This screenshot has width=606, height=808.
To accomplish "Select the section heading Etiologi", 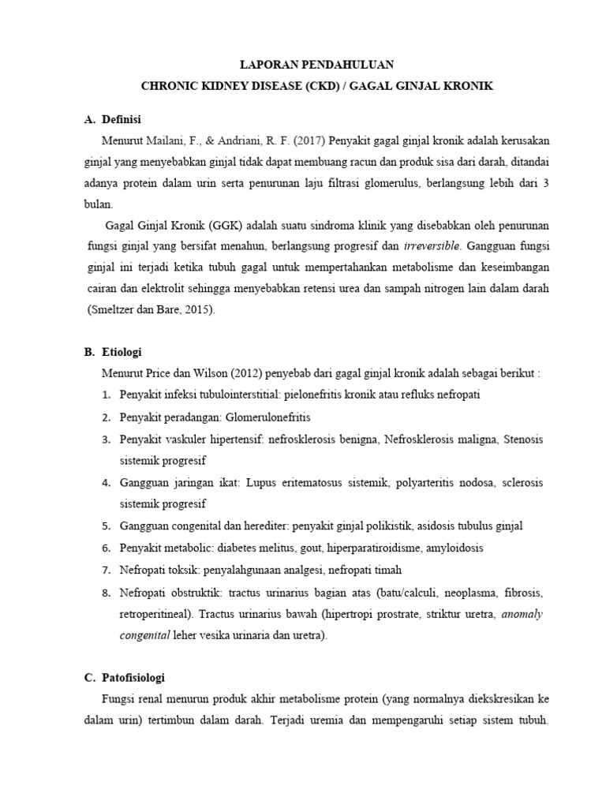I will [121, 351].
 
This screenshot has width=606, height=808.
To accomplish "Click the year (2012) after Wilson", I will [230, 372].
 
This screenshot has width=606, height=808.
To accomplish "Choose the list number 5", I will [106, 526].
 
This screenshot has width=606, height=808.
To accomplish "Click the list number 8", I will [106, 591].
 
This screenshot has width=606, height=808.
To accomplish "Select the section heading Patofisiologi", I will [133, 677].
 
